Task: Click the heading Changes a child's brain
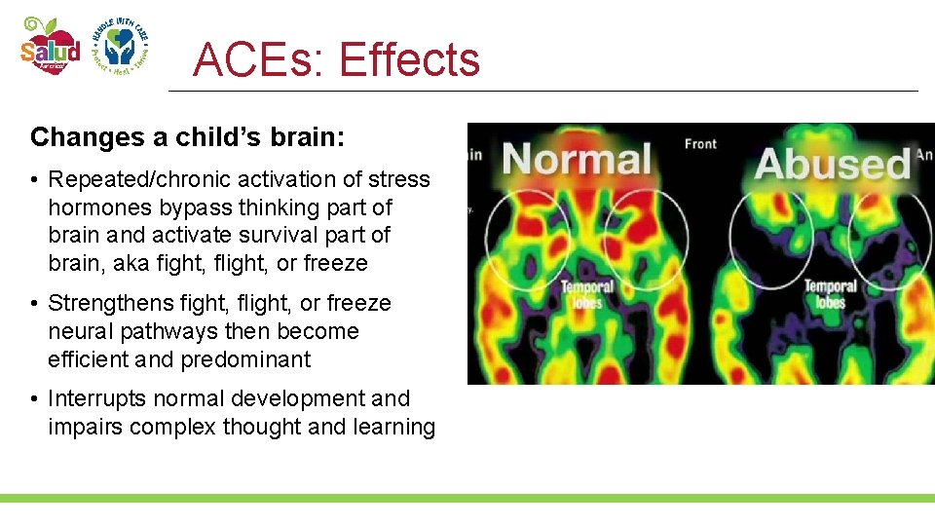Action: click(x=187, y=137)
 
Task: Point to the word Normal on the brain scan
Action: click(x=578, y=160)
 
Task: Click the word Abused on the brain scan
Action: click(x=832, y=164)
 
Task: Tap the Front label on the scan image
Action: click(x=700, y=144)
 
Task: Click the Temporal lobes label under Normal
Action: click(x=587, y=294)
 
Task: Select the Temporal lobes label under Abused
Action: click(x=831, y=294)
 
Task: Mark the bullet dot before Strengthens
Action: click(x=35, y=304)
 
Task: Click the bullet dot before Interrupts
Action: click(x=35, y=399)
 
